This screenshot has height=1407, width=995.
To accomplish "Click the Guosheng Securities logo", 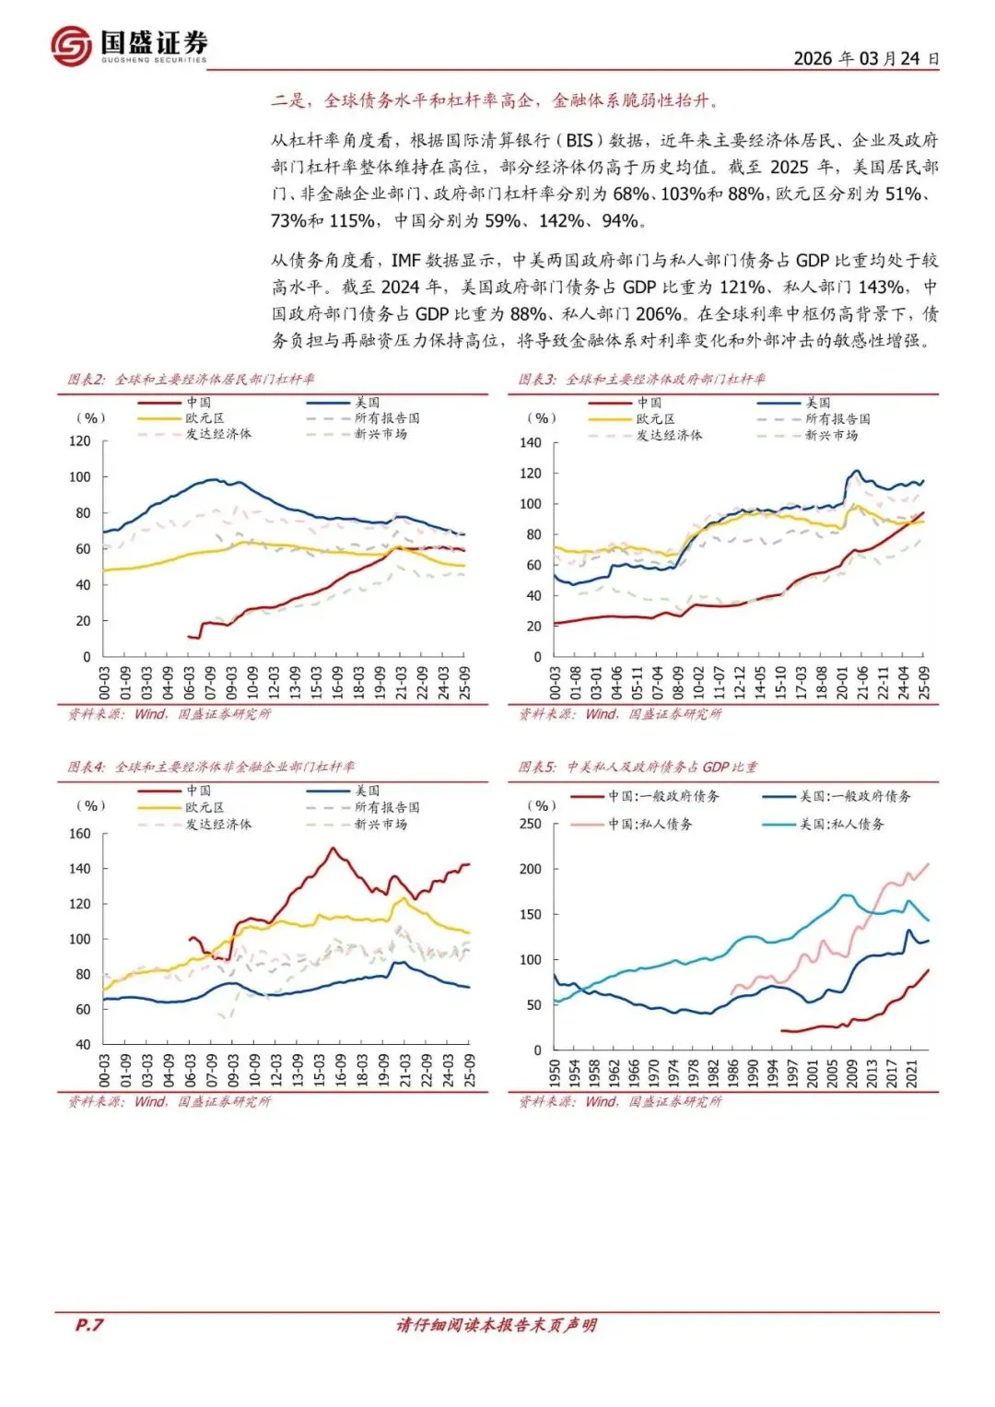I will click(130, 44).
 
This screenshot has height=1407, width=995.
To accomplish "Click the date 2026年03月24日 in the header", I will click(866, 58).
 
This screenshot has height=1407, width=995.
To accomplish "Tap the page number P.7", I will click(89, 1324).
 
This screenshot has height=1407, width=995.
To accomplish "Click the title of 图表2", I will click(191, 379).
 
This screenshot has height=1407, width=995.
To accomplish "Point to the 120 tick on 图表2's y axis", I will click(80, 441).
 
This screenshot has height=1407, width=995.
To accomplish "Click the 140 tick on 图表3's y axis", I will click(531, 443).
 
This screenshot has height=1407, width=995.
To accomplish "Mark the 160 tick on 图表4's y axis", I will click(80, 834).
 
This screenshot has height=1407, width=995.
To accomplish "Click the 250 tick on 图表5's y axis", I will click(531, 824).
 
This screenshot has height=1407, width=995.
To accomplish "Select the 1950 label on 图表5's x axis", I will click(555, 1073).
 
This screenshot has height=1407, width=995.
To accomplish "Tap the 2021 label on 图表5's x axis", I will click(912, 1073).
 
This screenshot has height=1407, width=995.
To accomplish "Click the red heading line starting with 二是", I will click(495, 100).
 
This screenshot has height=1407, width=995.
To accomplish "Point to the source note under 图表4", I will click(170, 1101).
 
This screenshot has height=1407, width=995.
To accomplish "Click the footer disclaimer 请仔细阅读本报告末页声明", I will click(497, 1325).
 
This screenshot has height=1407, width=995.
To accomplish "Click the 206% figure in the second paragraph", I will click(660, 314).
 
